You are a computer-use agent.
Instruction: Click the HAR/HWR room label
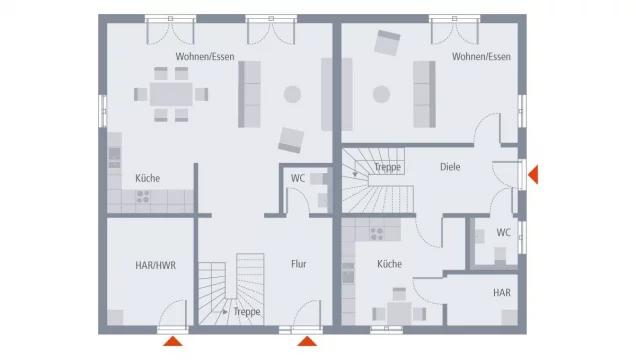pos(155,266)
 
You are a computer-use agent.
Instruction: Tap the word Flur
pos(299,264)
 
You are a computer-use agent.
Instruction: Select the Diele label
pos(450,167)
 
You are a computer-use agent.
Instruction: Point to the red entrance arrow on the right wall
pos(533,175)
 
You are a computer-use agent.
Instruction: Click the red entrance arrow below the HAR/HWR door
pos(173,341)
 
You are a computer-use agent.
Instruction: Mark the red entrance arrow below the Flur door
pos(307,341)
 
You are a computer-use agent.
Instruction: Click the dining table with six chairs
pos(171,94)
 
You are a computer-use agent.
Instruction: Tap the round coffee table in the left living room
pos(292,94)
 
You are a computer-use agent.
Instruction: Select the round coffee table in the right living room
pos(381,94)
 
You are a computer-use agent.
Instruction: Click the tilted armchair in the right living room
pos(387,43)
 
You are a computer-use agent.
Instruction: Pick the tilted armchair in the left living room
pos(291,140)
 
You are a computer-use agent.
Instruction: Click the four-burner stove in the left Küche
pos(143,197)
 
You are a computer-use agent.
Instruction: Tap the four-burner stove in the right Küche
pos(377,234)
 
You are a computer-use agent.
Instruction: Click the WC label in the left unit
pos(298,178)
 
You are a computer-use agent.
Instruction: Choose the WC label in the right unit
pos(503,232)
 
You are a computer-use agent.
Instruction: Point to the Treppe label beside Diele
pos(387,167)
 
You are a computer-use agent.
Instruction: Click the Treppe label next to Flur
pos(247,311)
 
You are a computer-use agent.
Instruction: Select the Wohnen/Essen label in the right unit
pos(481,56)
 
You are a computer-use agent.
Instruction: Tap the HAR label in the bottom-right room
pos(502,292)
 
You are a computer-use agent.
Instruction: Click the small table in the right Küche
pos(399,313)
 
